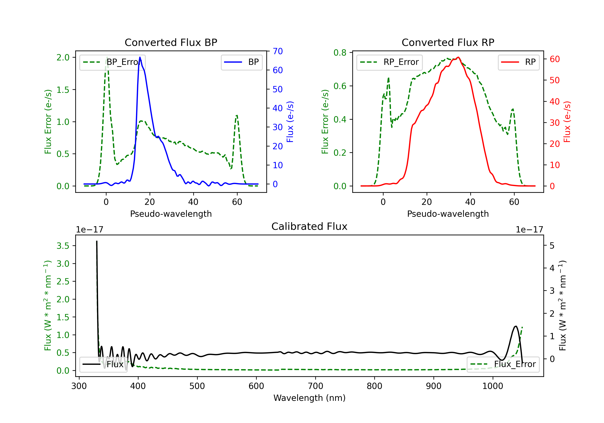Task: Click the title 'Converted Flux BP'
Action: (171, 42)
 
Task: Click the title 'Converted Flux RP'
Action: (448, 42)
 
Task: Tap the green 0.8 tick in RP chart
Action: (340, 53)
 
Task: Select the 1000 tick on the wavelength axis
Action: (492, 386)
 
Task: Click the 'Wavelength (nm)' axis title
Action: (309, 398)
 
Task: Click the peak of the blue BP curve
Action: (140, 57)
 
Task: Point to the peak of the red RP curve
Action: (458, 57)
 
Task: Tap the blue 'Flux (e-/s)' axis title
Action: (290, 122)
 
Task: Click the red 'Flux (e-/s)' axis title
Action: (567, 122)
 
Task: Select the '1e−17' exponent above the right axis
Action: (529, 230)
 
